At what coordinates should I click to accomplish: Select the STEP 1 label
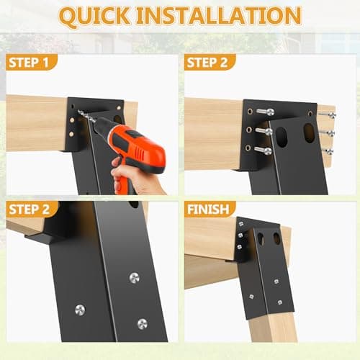click(x=32, y=62)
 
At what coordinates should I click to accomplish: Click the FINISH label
click(x=210, y=209)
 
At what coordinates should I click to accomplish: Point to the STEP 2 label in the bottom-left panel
click(x=32, y=209)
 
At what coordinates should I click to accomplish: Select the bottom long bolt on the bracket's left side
click(x=263, y=150)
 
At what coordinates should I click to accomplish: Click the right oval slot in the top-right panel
click(x=309, y=132)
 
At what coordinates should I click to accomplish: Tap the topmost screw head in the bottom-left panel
click(x=135, y=277)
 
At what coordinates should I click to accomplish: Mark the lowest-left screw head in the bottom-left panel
click(x=79, y=310)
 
